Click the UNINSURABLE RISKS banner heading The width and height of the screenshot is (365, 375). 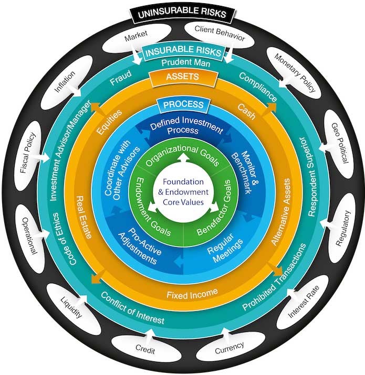(x=182, y=11)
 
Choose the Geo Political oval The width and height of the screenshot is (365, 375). (x=339, y=142)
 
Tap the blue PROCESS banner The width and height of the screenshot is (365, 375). (x=182, y=105)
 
